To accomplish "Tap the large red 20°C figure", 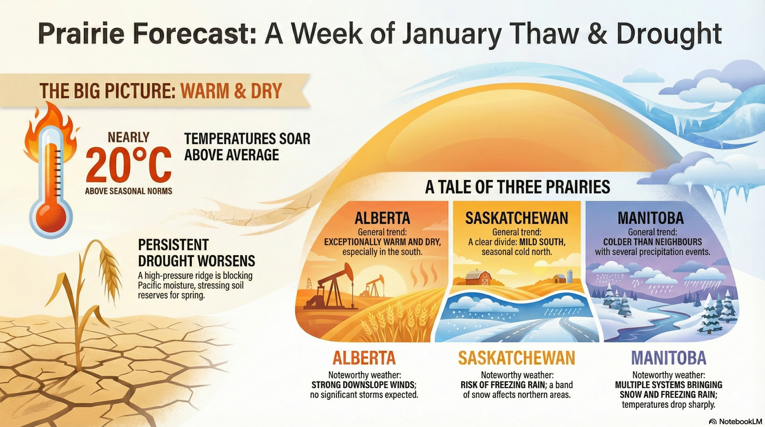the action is [129, 165].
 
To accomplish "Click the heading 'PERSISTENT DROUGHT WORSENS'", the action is [196, 253].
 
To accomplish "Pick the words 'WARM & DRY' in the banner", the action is [231, 91].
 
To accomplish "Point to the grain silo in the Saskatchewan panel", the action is [570, 276].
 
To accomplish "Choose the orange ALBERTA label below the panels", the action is [364, 358].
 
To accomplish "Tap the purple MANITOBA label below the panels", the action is [668, 358].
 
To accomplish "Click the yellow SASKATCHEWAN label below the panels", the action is [516, 358].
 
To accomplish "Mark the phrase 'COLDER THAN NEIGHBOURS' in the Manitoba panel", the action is [652, 242].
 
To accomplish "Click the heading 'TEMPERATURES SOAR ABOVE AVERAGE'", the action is [247, 147].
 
